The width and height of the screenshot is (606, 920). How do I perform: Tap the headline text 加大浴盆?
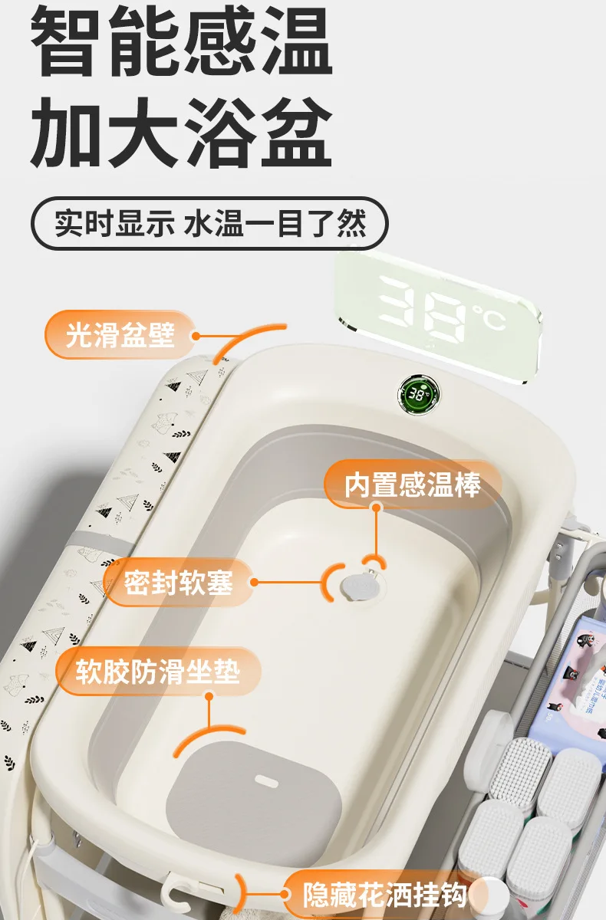click(x=181, y=133)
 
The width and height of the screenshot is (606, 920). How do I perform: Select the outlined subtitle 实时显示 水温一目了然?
click(x=209, y=223)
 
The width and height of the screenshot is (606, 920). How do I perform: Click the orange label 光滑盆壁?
click(x=120, y=335)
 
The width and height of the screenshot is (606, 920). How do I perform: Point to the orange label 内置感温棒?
click(x=413, y=485)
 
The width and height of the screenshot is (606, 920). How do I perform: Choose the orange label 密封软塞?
click(x=178, y=583)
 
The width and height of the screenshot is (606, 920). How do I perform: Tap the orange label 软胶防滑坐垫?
click(x=158, y=672)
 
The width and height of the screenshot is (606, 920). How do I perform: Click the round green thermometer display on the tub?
click(x=418, y=395)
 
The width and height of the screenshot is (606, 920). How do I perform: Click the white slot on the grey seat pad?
click(x=266, y=780)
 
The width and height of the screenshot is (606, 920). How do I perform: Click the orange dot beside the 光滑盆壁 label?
click(x=196, y=336)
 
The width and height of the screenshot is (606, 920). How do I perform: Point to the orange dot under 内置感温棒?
click(x=377, y=508)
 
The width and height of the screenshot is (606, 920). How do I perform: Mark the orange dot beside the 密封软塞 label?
click(x=255, y=582)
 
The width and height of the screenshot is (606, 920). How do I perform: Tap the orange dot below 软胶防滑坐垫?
click(x=209, y=696)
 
